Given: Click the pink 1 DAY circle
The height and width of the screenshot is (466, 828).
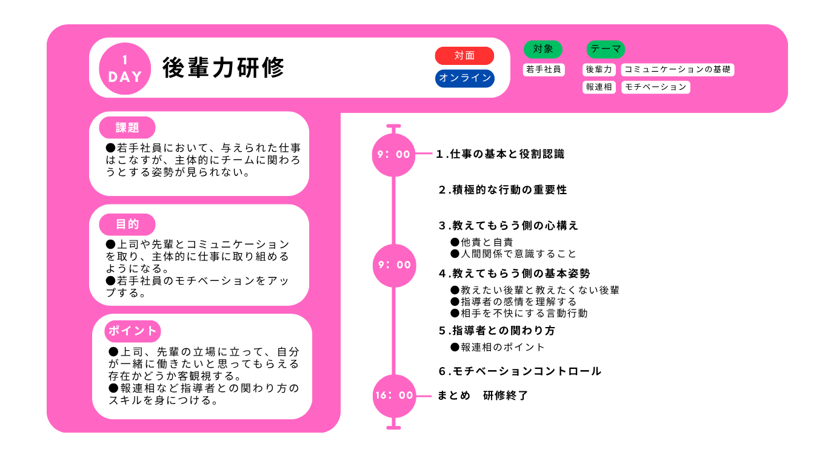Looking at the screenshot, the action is (x=125, y=69).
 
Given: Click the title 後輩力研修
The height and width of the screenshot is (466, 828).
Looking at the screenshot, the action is (x=223, y=68).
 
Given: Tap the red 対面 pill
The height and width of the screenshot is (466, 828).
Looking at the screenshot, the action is (x=464, y=56).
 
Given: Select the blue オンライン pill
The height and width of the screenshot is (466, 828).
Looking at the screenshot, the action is (x=465, y=78).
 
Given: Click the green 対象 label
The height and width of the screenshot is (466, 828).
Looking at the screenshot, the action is (x=543, y=49).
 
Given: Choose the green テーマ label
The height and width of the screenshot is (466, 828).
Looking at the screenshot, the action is (x=606, y=49).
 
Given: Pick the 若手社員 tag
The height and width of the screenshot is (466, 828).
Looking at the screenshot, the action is (x=544, y=70).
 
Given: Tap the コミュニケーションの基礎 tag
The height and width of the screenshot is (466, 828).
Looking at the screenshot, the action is (x=678, y=70).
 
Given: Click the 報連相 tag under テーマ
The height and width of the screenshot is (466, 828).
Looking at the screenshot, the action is (x=599, y=87).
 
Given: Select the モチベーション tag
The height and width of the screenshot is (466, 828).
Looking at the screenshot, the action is (x=656, y=87).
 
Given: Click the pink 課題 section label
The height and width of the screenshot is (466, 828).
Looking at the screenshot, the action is (x=127, y=127).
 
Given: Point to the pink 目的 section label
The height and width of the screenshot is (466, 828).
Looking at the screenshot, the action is (x=127, y=225).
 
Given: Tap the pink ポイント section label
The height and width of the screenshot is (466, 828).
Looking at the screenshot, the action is (x=133, y=331).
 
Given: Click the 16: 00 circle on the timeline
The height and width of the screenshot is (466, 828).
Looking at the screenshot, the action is (x=394, y=396).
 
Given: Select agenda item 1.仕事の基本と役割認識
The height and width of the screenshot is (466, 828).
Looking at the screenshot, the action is (x=500, y=154).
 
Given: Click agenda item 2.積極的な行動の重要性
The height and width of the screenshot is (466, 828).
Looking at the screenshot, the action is (x=502, y=190).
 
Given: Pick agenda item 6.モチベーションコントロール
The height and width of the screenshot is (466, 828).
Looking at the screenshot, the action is (x=519, y=371).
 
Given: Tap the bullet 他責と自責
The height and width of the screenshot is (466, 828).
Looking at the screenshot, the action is (x=482, y=243).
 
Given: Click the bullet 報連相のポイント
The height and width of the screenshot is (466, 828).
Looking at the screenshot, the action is (x=498, y=347).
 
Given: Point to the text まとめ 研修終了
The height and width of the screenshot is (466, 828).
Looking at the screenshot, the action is (x=483, y=396).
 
